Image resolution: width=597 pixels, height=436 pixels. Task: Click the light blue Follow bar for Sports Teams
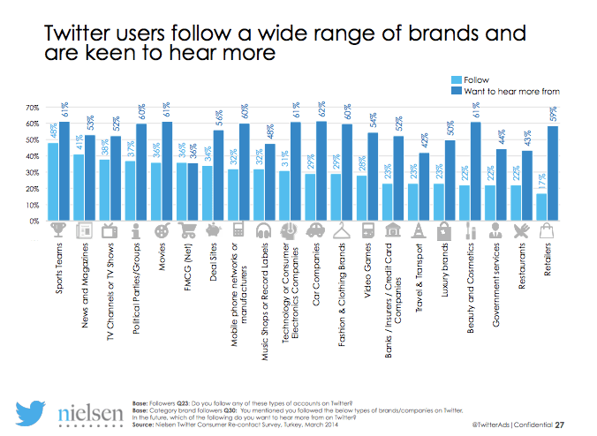click(x=53, y=181)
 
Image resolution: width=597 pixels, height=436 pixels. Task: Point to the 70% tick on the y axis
click(x=32, y=109)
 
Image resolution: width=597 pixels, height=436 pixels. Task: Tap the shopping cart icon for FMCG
click(x=186, y=230)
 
